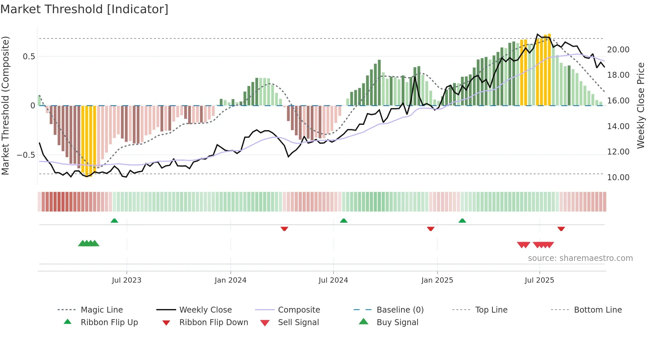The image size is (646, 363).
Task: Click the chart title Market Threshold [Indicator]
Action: [x=84, y=9]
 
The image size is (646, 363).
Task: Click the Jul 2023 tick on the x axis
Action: [x=127, y=280]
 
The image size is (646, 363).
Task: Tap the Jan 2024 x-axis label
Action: [x=230, y=280]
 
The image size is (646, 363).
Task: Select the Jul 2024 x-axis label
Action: [x=333, y=280]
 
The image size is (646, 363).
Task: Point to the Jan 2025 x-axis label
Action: [x=437, y=280]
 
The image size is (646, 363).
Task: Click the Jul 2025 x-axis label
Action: [x=539, y=280]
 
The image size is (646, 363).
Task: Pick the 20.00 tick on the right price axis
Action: [x=618, y=50]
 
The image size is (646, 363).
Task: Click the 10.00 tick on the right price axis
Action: [x=618, y=178]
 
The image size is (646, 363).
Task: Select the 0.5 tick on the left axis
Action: [x=29, y=57]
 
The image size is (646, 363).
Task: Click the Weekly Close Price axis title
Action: [x=640, y=105]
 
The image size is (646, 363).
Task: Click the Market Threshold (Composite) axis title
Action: [x=5, y=105]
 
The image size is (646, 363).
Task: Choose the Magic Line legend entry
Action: [x=102, y=310]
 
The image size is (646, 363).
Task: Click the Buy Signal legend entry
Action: [x=397, y=322]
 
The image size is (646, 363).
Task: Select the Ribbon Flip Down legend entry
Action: [x=214, y=322]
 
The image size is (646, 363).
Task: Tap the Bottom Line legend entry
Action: [x=598, y=310]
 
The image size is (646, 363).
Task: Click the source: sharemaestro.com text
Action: [x=580, y=258]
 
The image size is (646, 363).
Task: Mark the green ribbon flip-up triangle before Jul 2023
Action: [x=114, y=221]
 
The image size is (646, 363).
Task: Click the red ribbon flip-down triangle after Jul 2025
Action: [x=561, y=229]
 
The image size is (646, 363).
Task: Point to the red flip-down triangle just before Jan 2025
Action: [x=430, y=229]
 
